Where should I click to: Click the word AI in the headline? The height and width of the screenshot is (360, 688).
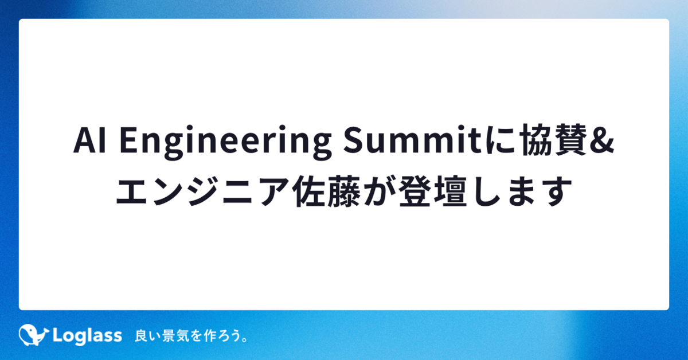click(90, 140)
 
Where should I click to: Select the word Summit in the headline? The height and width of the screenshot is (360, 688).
click(412, 139)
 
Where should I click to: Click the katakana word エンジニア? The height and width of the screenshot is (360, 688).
click(203, 191)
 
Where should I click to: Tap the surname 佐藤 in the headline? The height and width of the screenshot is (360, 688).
click(326, 191)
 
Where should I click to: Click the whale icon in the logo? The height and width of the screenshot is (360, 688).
click(33, 335)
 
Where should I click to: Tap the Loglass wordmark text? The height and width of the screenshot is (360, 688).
click(88, 336)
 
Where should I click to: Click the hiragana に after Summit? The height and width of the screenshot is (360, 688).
click(500, 140)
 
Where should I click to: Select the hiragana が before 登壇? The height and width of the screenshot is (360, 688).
click(380, 191)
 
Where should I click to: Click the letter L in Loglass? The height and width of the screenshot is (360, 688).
click(58, 335)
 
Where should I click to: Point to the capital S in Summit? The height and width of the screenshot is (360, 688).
click(354, 140)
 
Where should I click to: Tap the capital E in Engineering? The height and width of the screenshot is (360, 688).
click(128, 140)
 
